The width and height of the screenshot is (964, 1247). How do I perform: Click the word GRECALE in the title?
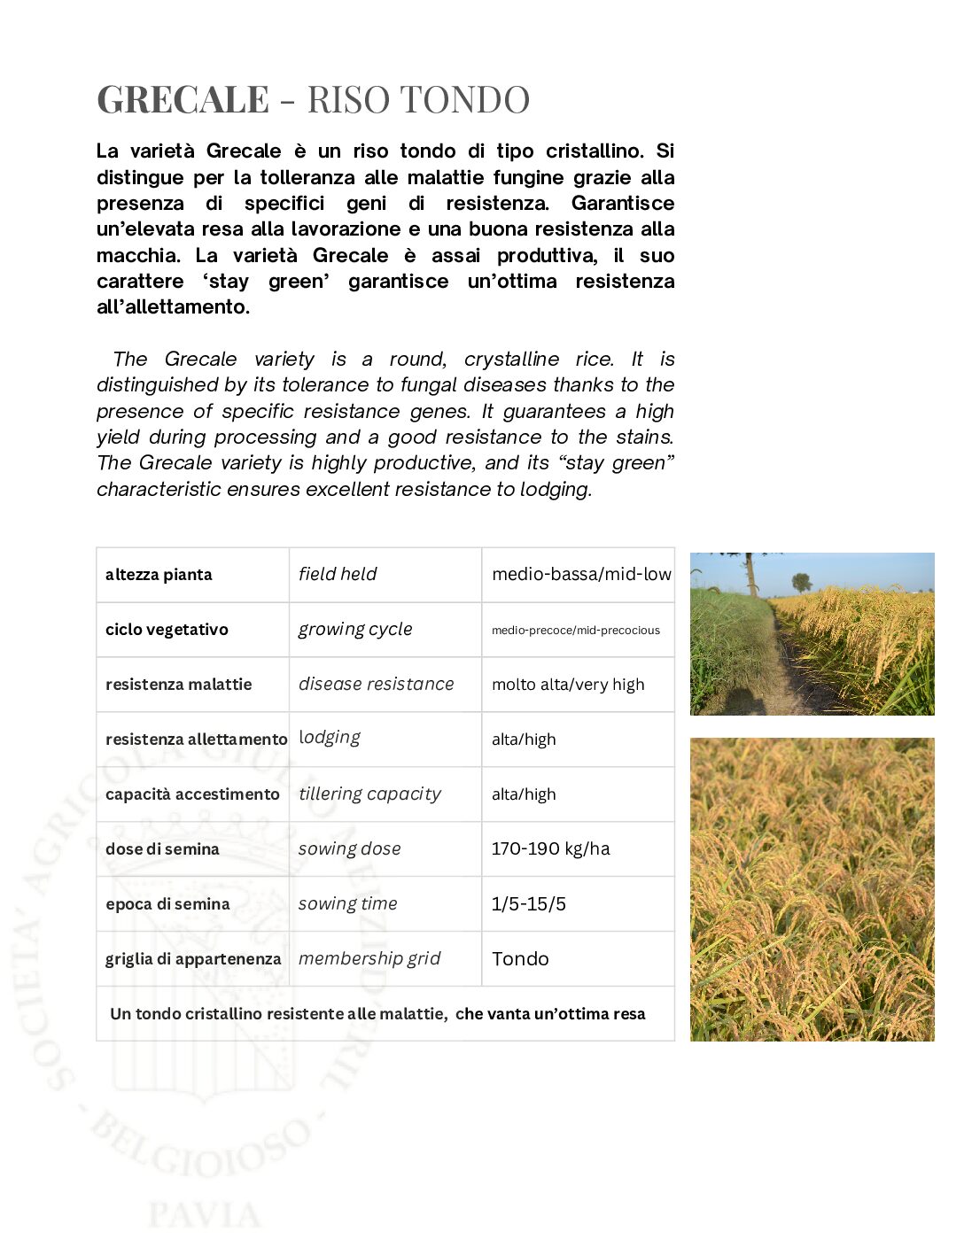(x=183, y=99)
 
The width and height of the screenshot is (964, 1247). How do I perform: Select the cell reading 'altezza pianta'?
(x=159, y=575)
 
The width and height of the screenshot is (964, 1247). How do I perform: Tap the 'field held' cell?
(x=338, y=574)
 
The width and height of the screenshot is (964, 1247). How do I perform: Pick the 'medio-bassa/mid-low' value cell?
(x=581, y=574)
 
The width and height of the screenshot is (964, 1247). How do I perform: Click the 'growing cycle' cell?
(x=355, y=629)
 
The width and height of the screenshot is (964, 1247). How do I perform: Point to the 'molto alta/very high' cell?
(x=568, y=685)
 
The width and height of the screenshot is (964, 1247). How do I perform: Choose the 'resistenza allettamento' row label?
(x=196, y=740)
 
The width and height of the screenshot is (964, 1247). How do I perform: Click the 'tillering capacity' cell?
(x=369, y=794)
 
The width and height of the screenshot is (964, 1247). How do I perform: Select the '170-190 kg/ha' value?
(x=550, y=848)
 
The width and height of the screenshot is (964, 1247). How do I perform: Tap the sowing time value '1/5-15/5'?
(x=529, y=903)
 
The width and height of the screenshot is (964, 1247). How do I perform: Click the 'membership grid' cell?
(x=369, y=958)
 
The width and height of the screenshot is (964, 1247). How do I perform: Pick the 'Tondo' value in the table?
(x=520, y=958)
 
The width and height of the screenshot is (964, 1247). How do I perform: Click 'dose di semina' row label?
(x=162, y=848)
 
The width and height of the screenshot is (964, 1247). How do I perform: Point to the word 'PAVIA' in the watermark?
(x=205, y=1214)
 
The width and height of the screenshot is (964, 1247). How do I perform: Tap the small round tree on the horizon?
(x=802, y=582)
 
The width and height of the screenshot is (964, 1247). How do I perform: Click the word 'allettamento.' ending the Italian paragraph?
(x=173, y=307)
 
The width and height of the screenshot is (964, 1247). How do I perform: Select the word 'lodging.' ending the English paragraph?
(x=556, y=489)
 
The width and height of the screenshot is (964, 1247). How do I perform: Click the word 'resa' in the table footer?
(x=628, y=1014)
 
